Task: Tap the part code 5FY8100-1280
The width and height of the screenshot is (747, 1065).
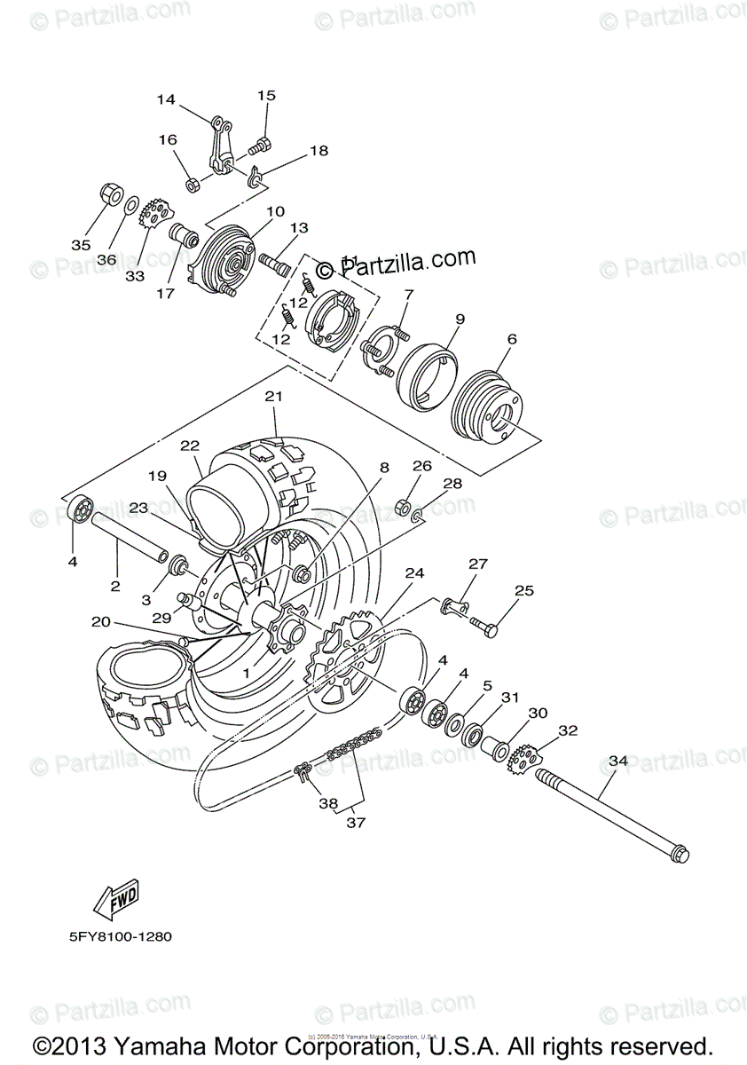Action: (118, 936)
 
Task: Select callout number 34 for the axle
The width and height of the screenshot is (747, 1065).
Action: (618, 761)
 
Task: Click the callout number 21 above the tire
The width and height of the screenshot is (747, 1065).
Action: (272, 397)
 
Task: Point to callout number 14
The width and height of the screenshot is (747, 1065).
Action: (166, 100)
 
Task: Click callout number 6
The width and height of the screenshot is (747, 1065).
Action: (512, 338)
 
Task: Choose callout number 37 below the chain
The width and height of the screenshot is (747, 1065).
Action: (356, 822)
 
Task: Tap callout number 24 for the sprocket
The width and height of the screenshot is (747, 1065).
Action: (414, 572)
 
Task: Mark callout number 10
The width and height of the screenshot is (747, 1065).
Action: (274, 211)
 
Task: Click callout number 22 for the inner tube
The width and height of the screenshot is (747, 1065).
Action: (191, 445)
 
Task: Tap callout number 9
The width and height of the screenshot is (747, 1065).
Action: (460, 318)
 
